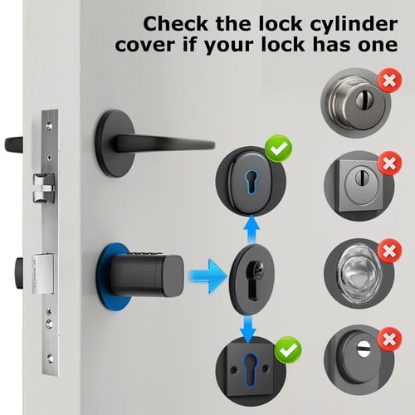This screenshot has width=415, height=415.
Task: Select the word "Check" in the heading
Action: click(175, 24)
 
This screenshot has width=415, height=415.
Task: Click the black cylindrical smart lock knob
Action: click(147, 276)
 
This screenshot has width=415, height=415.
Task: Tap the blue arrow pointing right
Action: click(207, 276)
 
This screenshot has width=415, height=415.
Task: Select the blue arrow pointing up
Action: click(251, 229)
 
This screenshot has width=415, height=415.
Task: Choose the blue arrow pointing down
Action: click(248, 329)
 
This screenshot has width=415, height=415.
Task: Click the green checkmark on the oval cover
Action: click(278, 149)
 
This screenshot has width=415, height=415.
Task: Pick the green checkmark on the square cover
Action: click(288, 350)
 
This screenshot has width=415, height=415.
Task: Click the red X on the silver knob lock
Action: click(389, 81)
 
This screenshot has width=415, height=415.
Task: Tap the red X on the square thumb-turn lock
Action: click(389, 164)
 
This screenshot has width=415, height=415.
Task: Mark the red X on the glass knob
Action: click(389, 251)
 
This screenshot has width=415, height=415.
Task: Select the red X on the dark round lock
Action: click(389, 339)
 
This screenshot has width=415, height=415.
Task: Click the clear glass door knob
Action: click(359, 272)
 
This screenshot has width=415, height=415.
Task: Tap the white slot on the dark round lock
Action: click(363, 347)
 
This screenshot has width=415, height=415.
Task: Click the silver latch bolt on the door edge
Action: click(44, 188)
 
